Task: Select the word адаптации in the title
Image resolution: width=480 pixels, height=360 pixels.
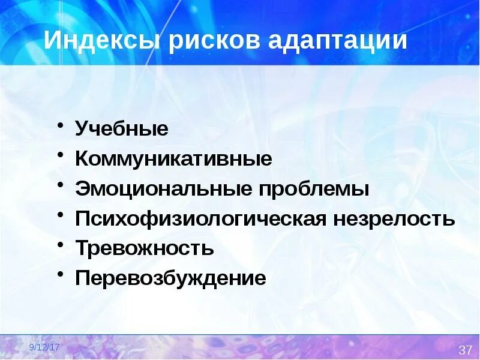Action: [x=337, y=41]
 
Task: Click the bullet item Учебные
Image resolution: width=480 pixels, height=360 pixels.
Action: [x=122, y=129]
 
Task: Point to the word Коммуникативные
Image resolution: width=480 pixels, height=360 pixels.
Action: [x=173, y=159]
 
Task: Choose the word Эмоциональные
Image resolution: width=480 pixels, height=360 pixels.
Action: [x=163, y=189]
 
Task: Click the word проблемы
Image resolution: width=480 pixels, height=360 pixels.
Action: [x=314, y=189]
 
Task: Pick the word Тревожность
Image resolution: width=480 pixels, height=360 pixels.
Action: [x=145, y=248]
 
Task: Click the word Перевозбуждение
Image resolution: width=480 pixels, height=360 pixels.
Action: [x=170, y=278]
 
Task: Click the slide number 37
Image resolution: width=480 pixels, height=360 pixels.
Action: [x=466, y=350]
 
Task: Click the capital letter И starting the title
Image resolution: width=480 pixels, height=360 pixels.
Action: [x=52, y=41]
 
